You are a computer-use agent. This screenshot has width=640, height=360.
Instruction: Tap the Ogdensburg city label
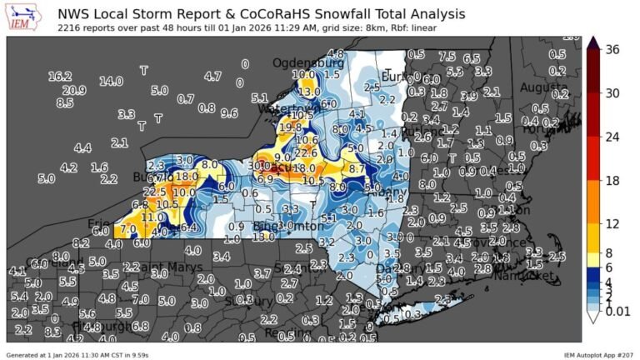[308, 62]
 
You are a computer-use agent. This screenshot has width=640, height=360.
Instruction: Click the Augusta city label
[546, 87]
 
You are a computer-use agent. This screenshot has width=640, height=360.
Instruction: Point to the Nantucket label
[522, 275]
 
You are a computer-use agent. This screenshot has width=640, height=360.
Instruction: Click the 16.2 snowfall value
[60, 76]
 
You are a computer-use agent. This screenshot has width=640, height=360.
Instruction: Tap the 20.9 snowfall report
[73, 90]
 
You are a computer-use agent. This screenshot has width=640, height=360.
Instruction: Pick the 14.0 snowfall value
[111, 82]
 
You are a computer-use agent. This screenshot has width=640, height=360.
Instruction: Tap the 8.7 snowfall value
[357, 168]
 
